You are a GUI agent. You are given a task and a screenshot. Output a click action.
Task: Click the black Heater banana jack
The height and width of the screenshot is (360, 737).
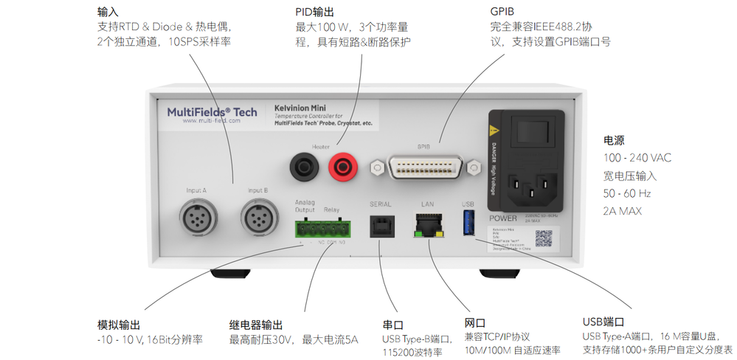(x=302, y=168)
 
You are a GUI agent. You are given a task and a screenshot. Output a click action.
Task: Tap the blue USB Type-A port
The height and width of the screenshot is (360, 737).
(x=468, y=222)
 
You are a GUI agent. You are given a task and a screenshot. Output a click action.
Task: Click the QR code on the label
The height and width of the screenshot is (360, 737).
(x=543, y=238)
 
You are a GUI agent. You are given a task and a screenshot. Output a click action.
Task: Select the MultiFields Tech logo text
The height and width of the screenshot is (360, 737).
(x=212, y=112)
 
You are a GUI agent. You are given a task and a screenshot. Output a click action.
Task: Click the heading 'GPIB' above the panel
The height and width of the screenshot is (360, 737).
(x=504, y=13)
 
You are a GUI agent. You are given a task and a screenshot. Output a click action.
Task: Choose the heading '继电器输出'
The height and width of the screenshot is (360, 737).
(x=255, y=325)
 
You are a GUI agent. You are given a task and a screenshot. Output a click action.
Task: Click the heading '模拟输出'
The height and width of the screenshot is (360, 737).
(x=118, y=325)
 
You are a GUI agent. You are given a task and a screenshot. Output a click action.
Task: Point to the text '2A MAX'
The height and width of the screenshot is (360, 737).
(x=623, y=211)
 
